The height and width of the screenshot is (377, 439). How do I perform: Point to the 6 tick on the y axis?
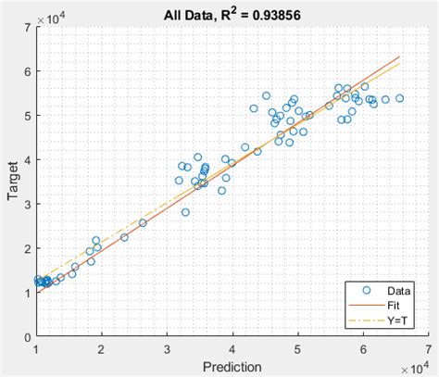(28, 71)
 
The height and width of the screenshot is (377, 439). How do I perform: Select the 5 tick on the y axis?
(28, 116)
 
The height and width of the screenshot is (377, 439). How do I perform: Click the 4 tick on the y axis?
(28, 160)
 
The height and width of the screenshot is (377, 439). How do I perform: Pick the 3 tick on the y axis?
(28, 205)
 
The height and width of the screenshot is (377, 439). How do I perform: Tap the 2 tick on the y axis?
(28, 249)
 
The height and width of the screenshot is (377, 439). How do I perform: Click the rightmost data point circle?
(399, 98)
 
